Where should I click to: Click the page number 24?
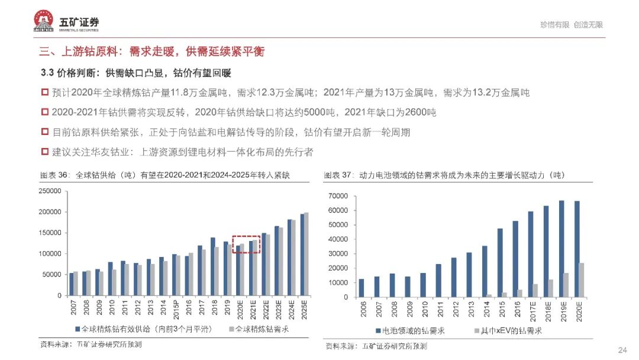622,350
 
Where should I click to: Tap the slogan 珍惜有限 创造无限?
571,25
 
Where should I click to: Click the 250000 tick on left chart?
50,191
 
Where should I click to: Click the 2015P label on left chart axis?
176,310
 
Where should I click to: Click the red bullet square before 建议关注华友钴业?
44,152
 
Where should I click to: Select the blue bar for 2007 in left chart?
72,284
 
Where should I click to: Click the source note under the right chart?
375,346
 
